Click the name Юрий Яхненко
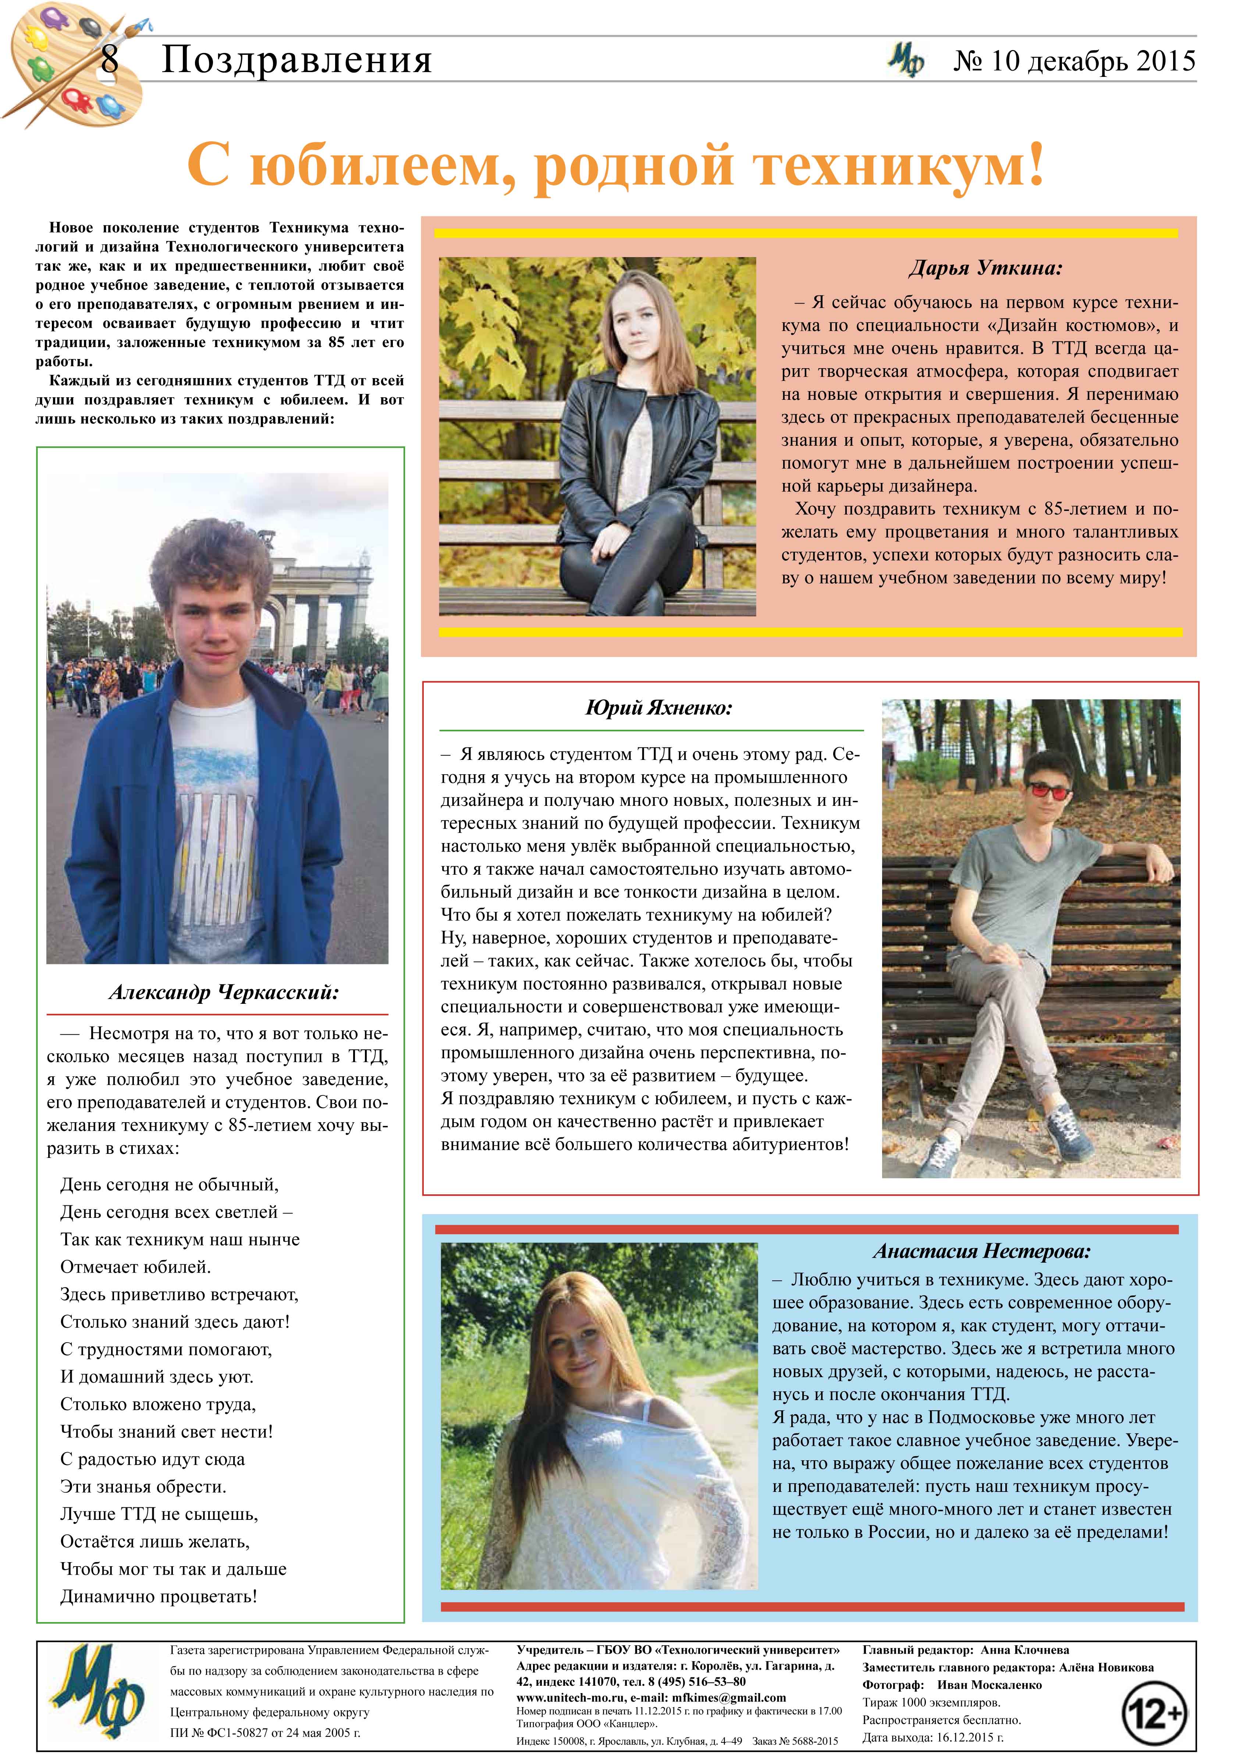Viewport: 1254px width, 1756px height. click(659, 707)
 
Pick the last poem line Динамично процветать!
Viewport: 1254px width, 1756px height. click(158, 1596)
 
